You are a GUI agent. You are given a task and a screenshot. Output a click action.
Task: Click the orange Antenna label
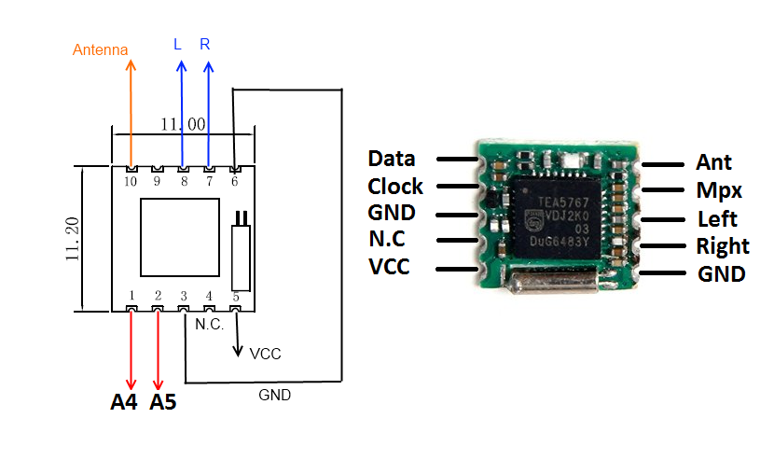pos(100,49)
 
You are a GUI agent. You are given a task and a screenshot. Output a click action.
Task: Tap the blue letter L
pos(178,45)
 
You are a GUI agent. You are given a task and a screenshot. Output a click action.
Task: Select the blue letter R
pos(205,45)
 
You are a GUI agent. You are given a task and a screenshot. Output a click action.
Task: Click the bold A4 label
pos(124,403)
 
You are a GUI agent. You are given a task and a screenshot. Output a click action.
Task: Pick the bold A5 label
pos(163,403)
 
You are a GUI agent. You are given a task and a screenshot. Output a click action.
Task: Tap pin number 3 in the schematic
pos(184,295)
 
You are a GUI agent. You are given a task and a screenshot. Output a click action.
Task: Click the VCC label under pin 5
pos(265,355)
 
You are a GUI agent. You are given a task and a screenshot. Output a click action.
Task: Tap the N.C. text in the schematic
pos(209,325)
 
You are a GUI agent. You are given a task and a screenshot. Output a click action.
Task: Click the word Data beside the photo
pos(391,159)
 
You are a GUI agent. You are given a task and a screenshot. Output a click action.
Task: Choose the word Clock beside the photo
pos(394,186)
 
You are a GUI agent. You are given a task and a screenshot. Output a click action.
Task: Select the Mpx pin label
pos(719,190)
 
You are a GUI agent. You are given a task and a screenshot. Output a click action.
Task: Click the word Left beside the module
pos(717,219)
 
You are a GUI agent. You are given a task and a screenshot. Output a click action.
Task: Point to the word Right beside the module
pos(722,246)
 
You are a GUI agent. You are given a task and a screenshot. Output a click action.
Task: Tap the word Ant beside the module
pos(713,162)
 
